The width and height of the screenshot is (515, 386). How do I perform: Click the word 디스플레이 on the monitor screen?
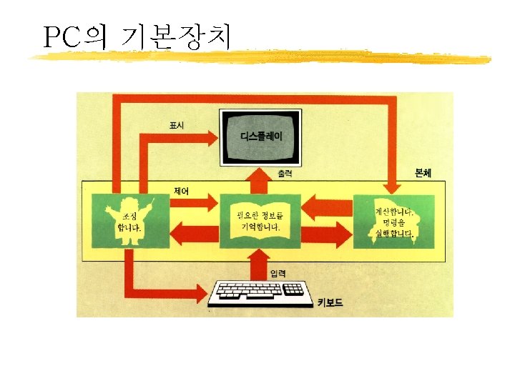pos(260,135)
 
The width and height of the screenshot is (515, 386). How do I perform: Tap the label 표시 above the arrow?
pos(176,125)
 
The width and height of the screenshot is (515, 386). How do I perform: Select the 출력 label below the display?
pos(284,174)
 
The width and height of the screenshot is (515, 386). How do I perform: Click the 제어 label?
pos(181,191)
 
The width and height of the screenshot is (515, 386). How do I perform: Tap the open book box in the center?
pos(259,221)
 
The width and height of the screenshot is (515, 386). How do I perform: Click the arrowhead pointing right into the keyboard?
pos(205,293)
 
